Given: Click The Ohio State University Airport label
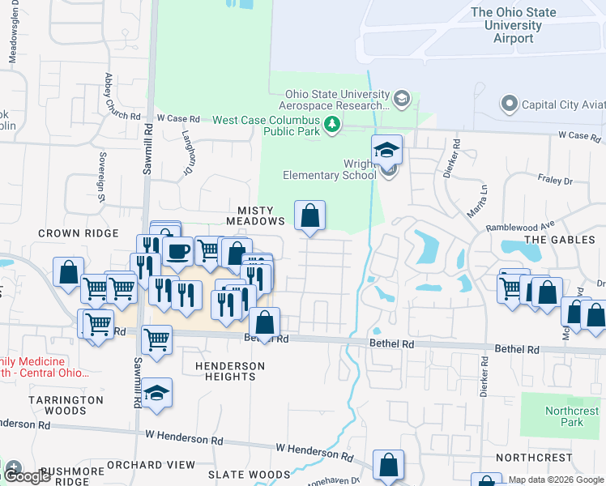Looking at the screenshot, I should click(x=514, y=25).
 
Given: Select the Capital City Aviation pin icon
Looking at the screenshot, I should click(x=510, y=104).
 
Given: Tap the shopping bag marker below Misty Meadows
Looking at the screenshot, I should click(x=309, y=216).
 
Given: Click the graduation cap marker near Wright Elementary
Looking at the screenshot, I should click(x=387, y=150).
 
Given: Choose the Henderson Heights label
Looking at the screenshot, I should click(x=230, y=371).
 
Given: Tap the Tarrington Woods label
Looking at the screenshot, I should click(x=66, y=405).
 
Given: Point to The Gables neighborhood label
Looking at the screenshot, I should click(x=554, y=240).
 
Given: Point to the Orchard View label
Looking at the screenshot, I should click(x=162, y=465).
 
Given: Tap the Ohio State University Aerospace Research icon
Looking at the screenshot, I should click(x=400, y=100).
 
